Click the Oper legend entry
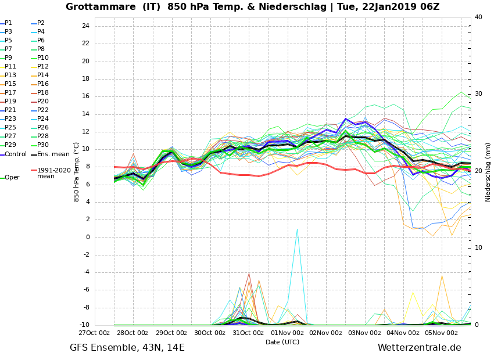coord(12,178)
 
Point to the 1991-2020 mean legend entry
coord(53,173)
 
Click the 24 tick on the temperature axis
coord(85,26)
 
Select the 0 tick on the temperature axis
coord(87,237)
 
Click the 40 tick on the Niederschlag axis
coord(478,17)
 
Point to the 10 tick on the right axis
coord(478,248)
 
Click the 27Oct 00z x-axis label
coord(94,333)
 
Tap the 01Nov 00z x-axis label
coord(287,333)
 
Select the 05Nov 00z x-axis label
coord(442,333)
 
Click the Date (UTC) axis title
coord(282,343)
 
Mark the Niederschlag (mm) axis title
coord(488,172)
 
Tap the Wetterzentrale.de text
coord(419,348)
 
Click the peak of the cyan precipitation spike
coord(297,229)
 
